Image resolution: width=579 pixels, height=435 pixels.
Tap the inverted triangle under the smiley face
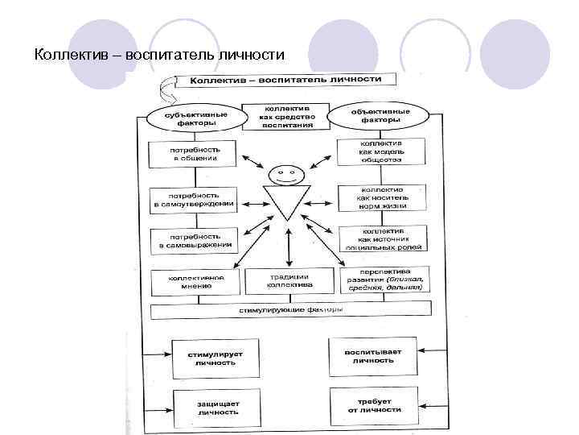pyautogui.click(x=285, y=201)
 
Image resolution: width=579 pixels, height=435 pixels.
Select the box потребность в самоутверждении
pyautogui.click(x=194, y=200)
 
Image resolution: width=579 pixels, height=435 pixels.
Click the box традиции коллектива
pyautogui.click(x=289, y=280)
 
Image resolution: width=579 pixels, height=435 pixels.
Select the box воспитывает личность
pyautogui.click(x=372, y=356)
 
